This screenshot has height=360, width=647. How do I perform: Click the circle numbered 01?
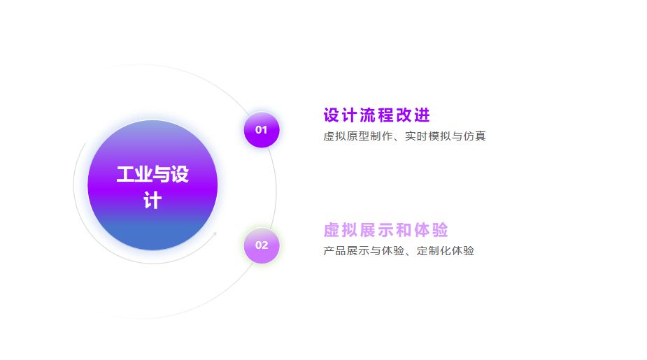(261, 130)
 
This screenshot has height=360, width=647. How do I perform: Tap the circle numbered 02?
(261, 245)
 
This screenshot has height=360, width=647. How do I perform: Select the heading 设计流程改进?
(376, 115)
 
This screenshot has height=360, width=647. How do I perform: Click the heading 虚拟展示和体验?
(385, 230)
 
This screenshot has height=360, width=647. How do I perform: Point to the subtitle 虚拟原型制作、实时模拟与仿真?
(404, 136)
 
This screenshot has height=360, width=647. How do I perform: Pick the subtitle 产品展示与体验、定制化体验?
(399, 251)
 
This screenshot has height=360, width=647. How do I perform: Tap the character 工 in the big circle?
(125, 175)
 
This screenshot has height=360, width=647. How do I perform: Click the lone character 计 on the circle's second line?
(152, 201)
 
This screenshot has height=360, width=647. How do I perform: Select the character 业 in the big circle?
(143, 175)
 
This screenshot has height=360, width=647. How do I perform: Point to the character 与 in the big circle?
(162, 175)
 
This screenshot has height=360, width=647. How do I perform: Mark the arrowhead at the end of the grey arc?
(215, 233)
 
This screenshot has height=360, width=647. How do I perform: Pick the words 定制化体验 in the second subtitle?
(446, 251)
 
